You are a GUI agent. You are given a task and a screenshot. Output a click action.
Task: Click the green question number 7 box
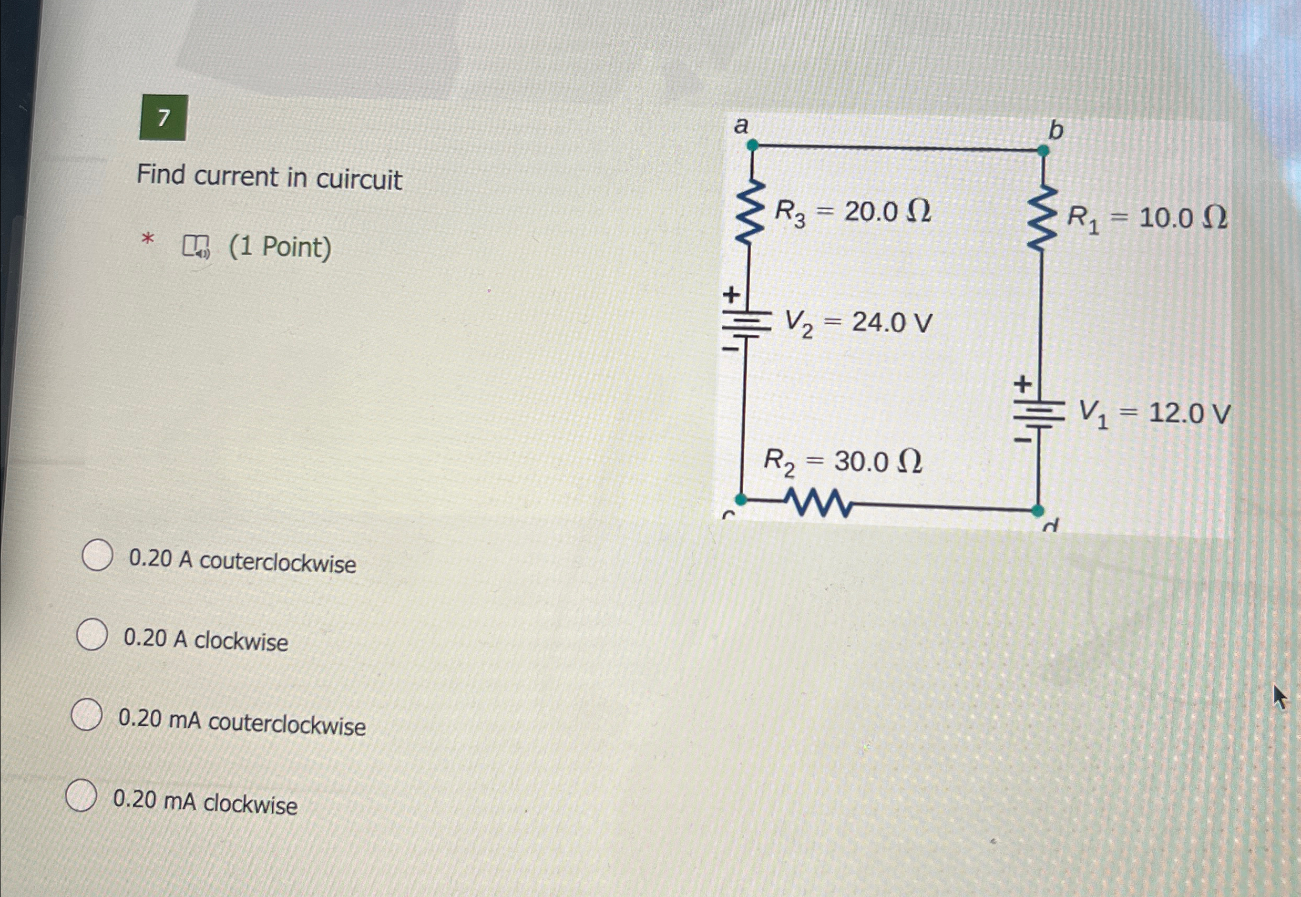pos(163,118)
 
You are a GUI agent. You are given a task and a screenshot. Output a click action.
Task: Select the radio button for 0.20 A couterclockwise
pos(97,555)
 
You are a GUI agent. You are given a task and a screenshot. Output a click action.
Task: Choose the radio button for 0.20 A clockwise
pos(91,635)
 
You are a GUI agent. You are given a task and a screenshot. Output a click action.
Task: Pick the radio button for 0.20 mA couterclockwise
pos(87,714)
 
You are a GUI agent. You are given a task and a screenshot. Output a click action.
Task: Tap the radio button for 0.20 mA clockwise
pos(81,795)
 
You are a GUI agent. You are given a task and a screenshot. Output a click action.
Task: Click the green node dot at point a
pos(752,146)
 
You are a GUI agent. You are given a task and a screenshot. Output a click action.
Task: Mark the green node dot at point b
pos(1043,151)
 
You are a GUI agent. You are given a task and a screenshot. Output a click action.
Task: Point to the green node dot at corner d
pos(1037,511)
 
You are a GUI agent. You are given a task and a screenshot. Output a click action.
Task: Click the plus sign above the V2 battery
pos(731,294)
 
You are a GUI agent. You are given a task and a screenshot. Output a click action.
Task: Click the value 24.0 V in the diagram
pos(892,323)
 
